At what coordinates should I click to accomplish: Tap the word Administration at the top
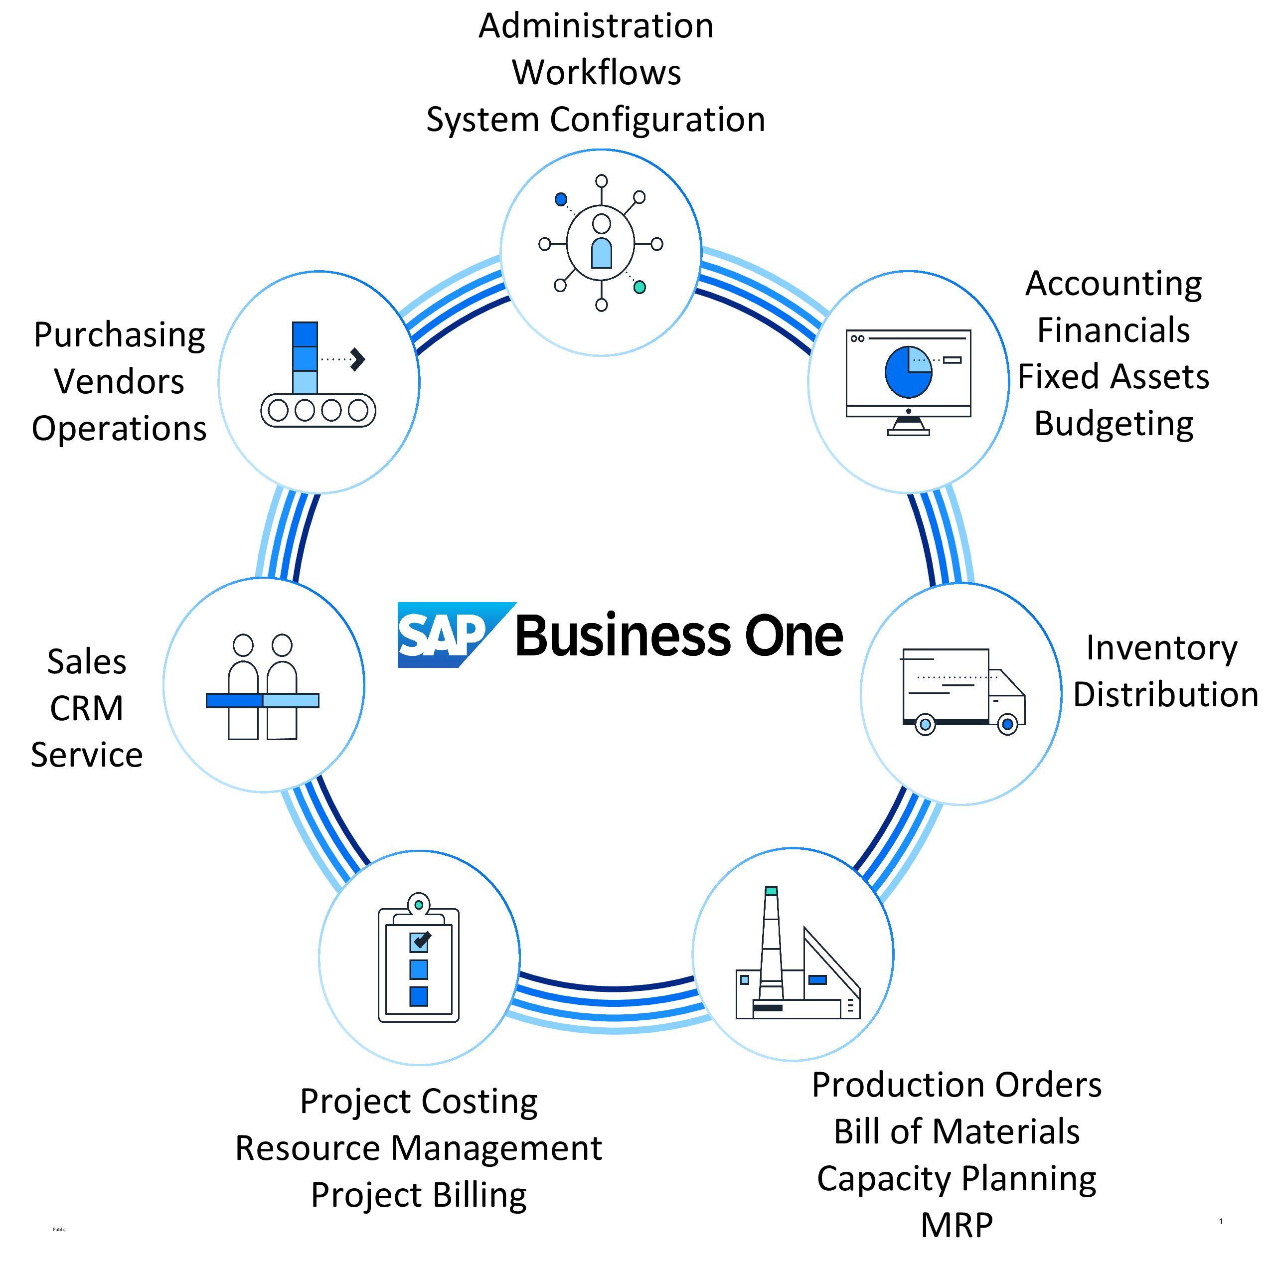point(596,26)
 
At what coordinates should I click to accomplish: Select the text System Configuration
point(596,120)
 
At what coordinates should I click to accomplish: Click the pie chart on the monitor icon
point(908,372)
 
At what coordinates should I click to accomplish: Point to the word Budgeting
point(1114,424)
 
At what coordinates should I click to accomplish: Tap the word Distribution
point(1165,695)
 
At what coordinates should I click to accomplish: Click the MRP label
point(957,1225)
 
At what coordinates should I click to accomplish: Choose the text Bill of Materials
point(957,1131)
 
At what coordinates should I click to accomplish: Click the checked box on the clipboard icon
point(419,941)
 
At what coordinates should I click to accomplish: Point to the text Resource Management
point(419,1148)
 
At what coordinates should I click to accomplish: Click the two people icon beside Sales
point(263,687)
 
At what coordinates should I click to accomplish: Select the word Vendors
point(120,382)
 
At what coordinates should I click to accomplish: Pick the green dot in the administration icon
point(639,287)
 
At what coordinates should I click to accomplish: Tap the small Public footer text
point(59,1229)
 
